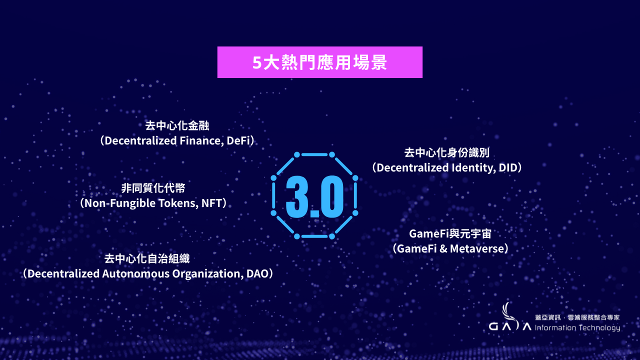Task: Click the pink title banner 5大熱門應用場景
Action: point(319,62)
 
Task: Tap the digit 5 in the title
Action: point(257,62)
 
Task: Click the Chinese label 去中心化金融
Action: point(177,125)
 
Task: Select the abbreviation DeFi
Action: point(238,140)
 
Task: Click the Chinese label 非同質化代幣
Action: point(153,188)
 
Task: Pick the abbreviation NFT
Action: point(211,203)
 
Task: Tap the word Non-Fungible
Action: point(119,203)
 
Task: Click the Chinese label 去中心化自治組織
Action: point(147,258)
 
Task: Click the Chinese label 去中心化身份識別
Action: point(447,152)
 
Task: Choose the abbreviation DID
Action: point(507,167)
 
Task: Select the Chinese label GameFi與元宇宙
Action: point(450,233)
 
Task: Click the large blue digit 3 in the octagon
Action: point(297,197)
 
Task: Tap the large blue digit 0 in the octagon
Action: point(331,197)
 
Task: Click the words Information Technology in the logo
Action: point(577,327)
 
